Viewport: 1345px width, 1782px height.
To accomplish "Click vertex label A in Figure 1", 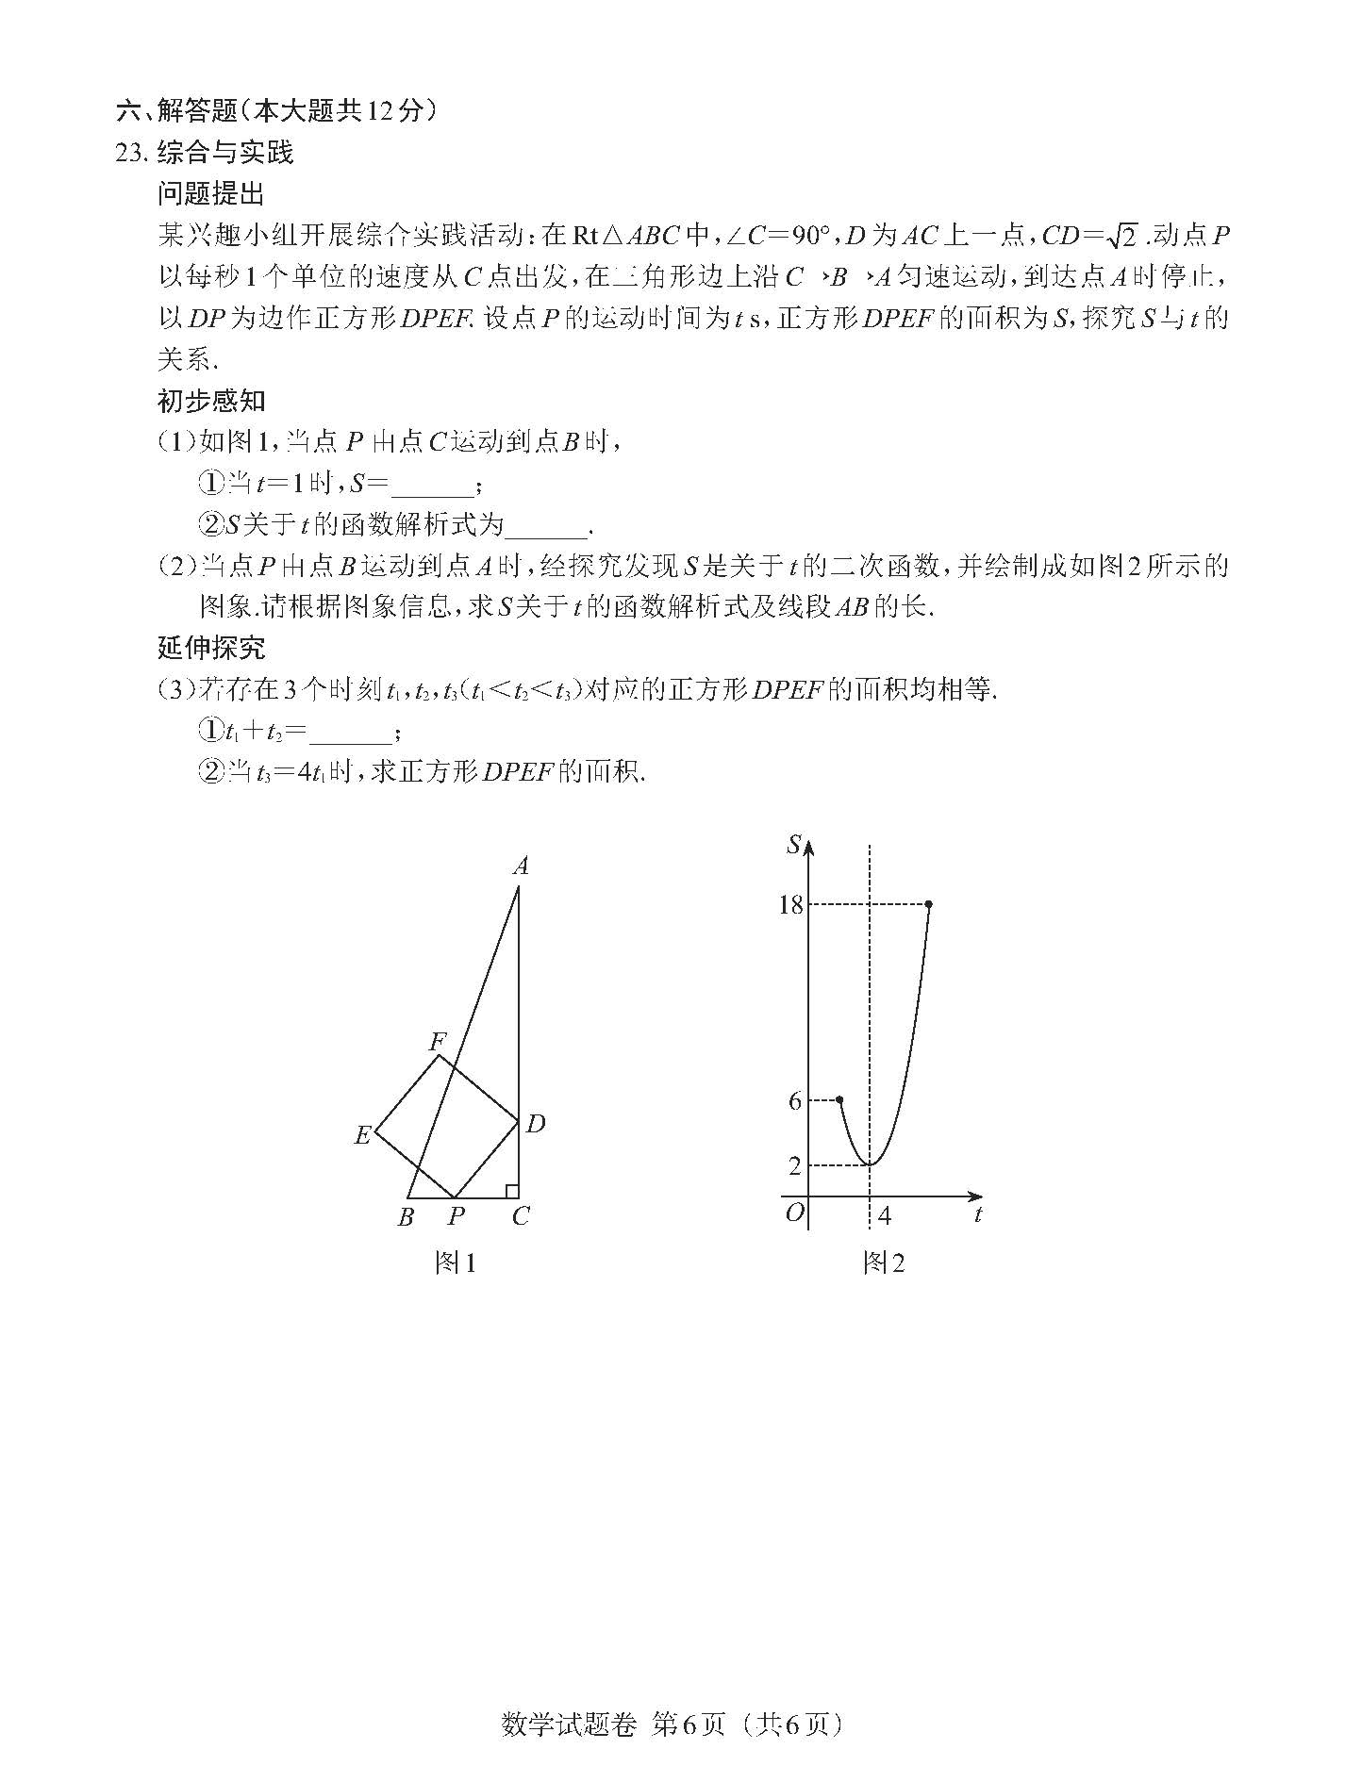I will (521, 866).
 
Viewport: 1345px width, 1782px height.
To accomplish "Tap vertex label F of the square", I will (438, 1042).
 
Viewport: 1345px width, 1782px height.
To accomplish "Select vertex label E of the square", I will (362, 1136).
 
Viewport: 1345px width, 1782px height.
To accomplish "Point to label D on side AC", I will (536, 1123).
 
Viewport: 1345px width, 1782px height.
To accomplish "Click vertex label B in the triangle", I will (406, 1217).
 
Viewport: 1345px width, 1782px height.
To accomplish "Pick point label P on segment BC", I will (456, 1217).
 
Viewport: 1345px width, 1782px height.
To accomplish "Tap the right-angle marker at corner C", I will (511, 1192).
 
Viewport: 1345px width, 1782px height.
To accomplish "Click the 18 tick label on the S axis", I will (789, 905).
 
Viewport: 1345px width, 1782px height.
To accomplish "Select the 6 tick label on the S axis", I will (795, 1100).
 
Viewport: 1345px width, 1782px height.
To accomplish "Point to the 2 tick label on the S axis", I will (795, 1166).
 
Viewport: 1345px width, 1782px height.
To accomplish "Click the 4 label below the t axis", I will (884, 1216).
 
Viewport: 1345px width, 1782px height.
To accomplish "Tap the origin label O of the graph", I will (794, 1213).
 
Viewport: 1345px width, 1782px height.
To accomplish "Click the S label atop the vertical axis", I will (794, 845).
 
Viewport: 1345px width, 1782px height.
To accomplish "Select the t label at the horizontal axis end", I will (978, 1215).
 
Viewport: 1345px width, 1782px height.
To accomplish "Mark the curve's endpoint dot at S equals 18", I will (929, 905).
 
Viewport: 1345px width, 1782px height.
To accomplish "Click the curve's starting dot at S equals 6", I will (839, 1099).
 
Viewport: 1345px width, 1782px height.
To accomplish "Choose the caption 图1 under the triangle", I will (455, 1263).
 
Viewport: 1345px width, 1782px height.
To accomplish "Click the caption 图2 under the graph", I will (884, 1263).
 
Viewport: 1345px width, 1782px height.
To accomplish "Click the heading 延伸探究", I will (211, 649).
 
